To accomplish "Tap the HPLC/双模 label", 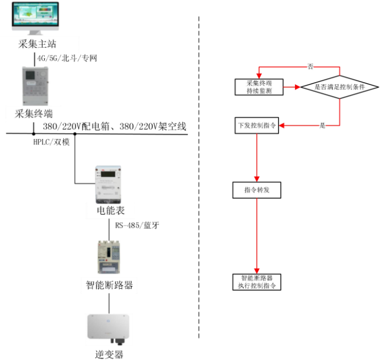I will (51, 141).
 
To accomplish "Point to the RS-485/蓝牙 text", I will (137, 225).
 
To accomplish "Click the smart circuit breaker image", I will (109, 257).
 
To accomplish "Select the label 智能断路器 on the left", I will (109, 285).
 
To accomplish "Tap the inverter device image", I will (109, 327).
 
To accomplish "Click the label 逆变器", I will (109, 354).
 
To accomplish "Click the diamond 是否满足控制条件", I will (338, 87).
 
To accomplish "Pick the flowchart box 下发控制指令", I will (256, 126).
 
